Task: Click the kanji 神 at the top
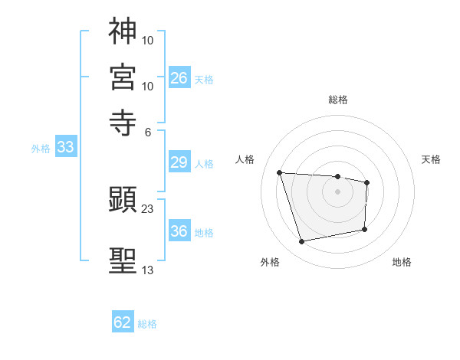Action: click(x=123, y=31)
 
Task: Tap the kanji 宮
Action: click(x=123, y=77)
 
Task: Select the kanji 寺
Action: click(x=123, y=123)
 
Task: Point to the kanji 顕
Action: click(x=123, y=201)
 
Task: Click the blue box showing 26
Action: click(x=179, y=78)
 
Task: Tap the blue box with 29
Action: click(x=179, y=162)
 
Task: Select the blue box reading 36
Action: click(x=179, y=231)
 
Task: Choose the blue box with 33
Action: click(x=65, y=148)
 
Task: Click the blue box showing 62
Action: click(x=123, y=322)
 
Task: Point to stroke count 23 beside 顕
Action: click(x=148, y=208)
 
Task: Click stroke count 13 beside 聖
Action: click(x=148, y=270)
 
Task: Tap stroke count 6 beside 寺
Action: click(x=148, y=131)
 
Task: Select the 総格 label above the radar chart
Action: click(x=338, y=100)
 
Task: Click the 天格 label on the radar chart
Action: click(x=431, y=159)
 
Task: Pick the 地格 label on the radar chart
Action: click(x=402, y=263)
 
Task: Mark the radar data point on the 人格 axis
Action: click(x=280, y=172)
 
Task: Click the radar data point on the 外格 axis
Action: click(x=302, y=242)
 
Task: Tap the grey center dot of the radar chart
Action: click(x=338, y=191)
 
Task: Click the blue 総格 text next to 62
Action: click(x=147, y=324)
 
